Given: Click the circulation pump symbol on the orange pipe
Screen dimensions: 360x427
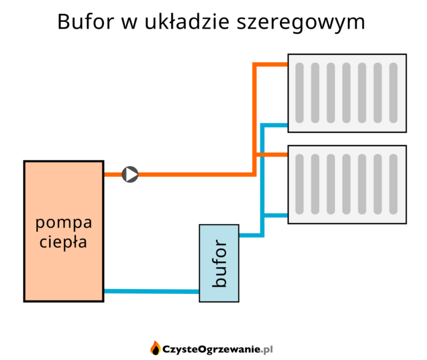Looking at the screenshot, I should (x=130, y=175).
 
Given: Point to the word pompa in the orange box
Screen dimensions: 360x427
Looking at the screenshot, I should (x=64, y=223).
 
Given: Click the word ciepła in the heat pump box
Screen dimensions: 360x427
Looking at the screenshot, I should (x=64, y=241).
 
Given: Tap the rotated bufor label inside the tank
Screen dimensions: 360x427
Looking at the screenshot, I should (x=219, y=263).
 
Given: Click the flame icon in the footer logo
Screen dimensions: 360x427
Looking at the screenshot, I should (x=155, y=348).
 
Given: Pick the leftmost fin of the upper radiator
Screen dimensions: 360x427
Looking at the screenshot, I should (x=299, y=93).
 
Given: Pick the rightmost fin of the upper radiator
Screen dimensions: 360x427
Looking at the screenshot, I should (x=393, y=93).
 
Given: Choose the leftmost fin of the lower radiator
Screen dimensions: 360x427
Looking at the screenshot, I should (x=299, y=184).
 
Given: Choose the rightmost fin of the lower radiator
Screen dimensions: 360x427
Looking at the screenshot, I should (x=393, y=184).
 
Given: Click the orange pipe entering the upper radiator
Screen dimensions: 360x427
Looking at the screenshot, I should (x=272, y=64).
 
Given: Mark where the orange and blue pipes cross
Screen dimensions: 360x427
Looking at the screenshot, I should (x=263, y=155).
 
